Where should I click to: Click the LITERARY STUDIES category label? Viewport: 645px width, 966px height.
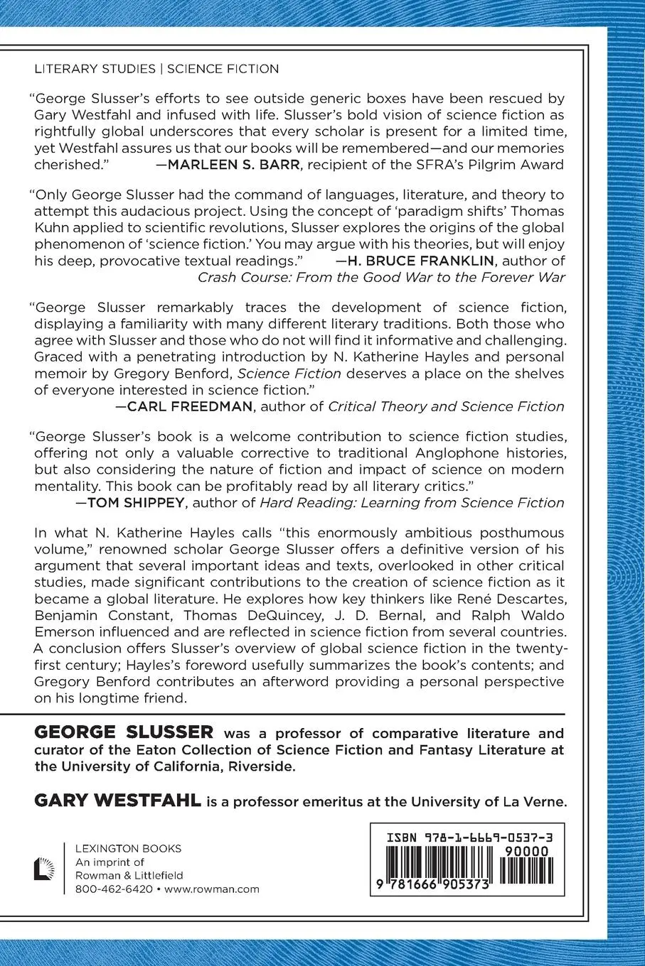95,69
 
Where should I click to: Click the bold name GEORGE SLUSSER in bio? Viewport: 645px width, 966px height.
124,732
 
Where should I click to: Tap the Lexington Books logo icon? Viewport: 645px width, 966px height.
47,868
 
